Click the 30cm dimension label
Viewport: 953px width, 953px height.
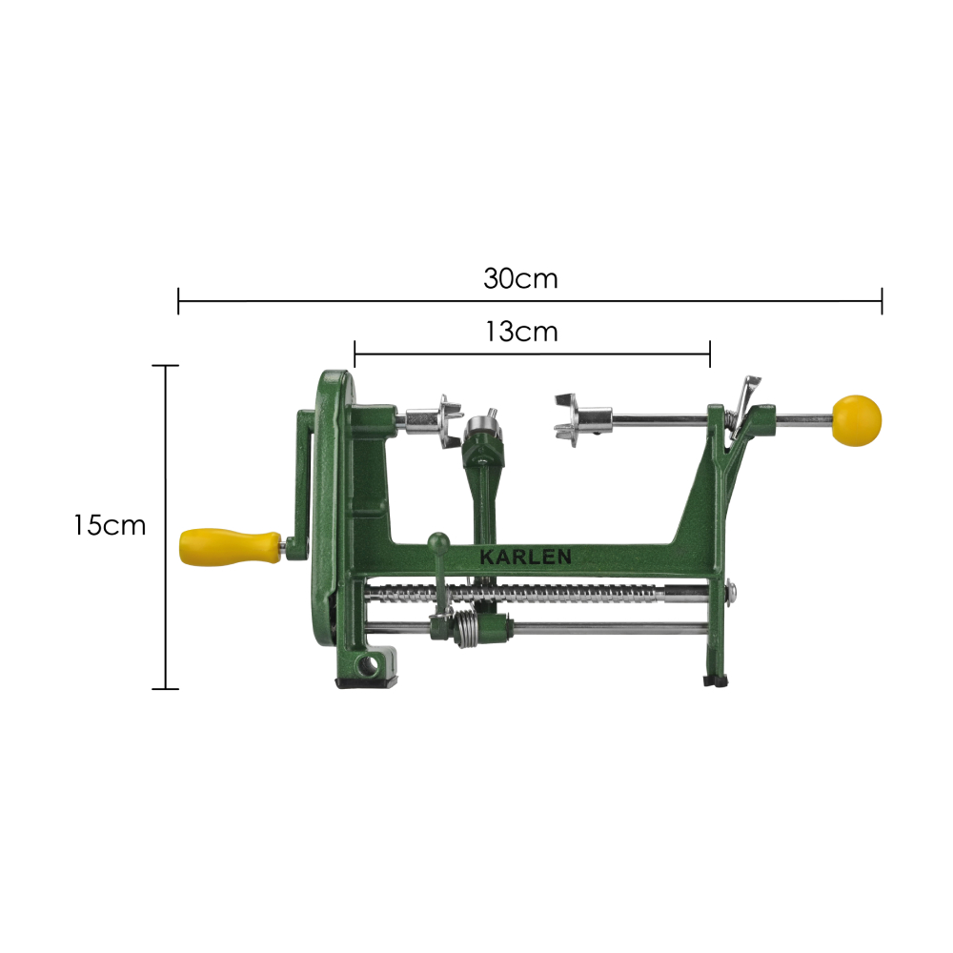[x=520, y=279]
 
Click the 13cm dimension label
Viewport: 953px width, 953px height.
[x=520, y=332]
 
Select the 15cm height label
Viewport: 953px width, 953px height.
[x=110, y=525]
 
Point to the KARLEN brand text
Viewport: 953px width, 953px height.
[x=526, y=557]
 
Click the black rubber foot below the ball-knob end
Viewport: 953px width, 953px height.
[x=714, y=680]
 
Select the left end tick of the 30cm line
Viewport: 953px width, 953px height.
[x=178, y=301]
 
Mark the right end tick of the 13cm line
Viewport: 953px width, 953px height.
[x=710, y=354]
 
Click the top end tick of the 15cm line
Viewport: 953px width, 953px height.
[x=166, y=365]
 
